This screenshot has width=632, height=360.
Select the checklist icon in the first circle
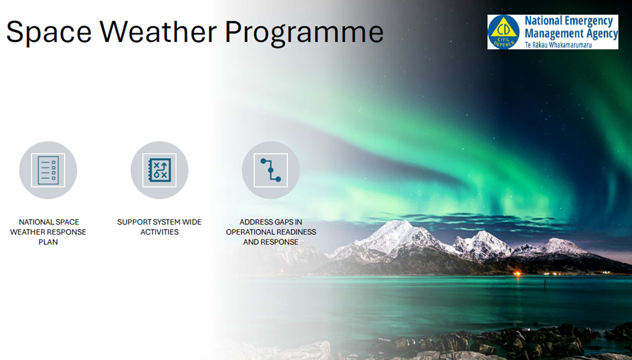coord(48,170)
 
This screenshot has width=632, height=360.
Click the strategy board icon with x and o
coord(159,170)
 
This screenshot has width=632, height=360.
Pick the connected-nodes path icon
coord(270,170)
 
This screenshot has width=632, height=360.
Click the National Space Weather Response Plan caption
coord(48,232)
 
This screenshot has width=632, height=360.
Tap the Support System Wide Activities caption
coord(159,226)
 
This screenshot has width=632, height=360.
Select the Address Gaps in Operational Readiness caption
coord(270,232)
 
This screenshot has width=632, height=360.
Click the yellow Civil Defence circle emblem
coord(504,32)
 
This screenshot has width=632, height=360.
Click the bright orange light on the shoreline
coord(516,274)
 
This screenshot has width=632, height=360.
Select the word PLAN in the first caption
coord(48,242)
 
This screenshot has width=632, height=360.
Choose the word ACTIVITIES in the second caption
coord(159,232)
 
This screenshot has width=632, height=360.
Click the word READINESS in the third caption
coord(298,232)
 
